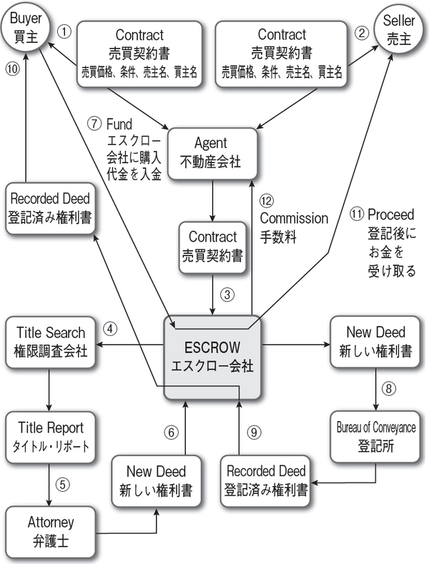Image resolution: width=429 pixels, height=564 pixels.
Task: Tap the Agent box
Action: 212,150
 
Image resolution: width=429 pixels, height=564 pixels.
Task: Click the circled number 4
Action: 109,330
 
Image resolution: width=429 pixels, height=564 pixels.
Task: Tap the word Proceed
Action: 392,214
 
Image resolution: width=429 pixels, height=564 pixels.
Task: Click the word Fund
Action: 119,123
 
